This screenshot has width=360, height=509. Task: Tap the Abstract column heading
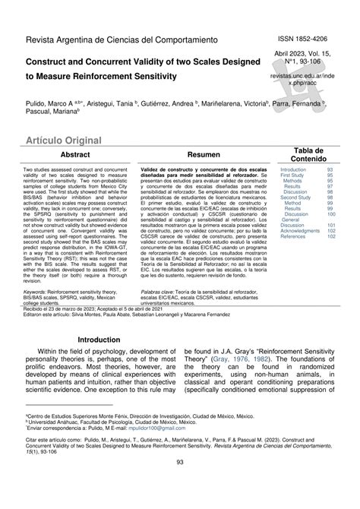coord(76,153)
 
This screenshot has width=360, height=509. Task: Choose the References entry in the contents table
coord(293,237)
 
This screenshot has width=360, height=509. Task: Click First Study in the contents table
coord(293,175)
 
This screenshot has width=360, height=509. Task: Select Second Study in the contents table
coord(296,198)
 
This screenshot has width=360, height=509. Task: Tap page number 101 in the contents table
coord(331,226)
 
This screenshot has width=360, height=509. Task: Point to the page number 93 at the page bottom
coord(180,485)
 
